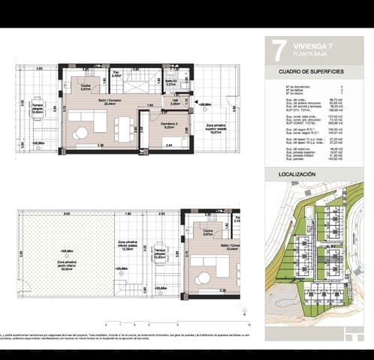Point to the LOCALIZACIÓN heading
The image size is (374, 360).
297,173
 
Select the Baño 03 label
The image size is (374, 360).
170,82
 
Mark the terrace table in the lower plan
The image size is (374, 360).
159,254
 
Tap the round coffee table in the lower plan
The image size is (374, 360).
204,278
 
